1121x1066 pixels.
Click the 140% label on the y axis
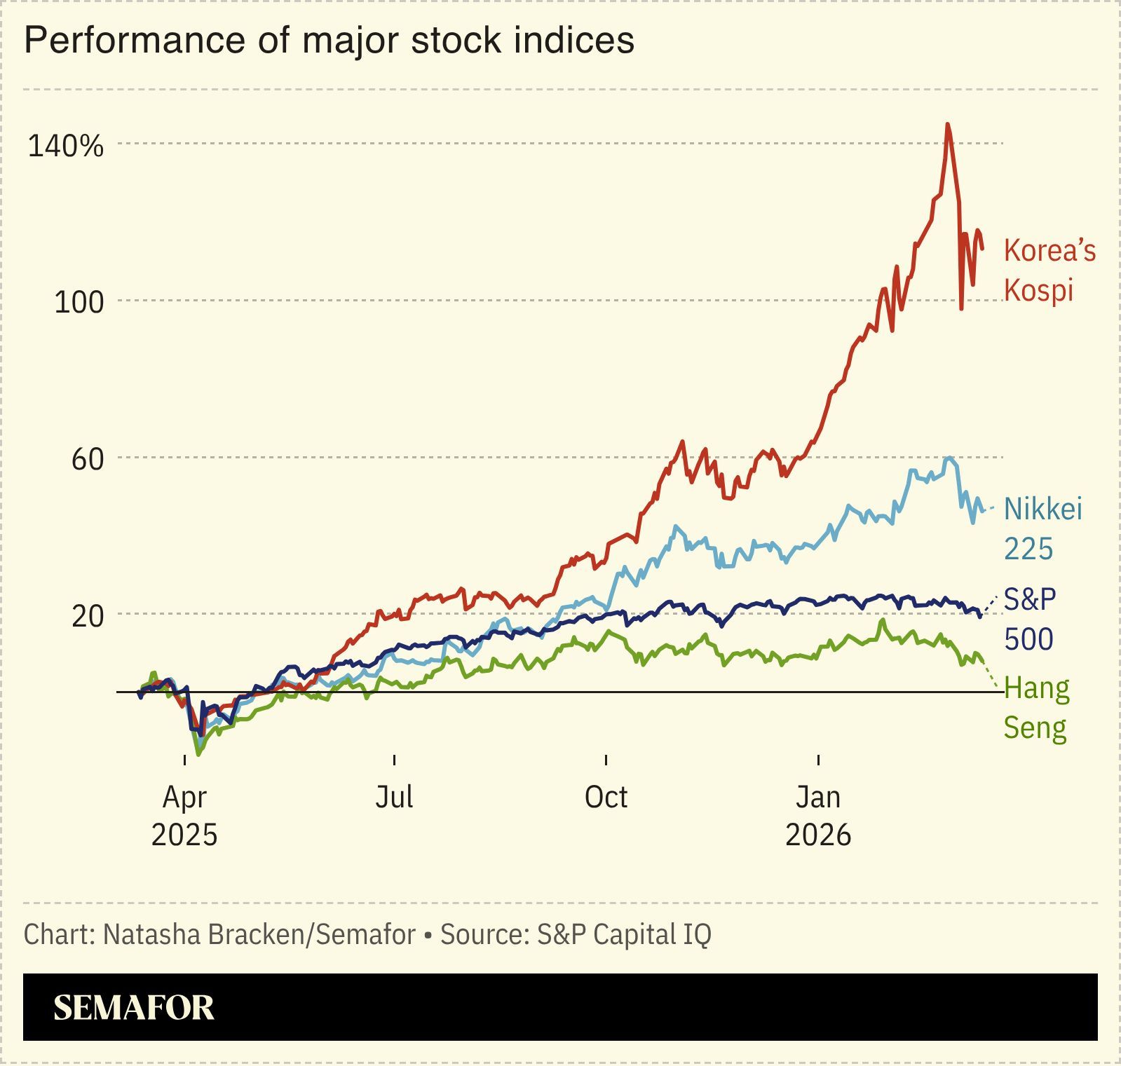(65, 146)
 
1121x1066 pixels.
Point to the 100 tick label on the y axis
(79, 303)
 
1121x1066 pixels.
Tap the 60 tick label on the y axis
(87, 460)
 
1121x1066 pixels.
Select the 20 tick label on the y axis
(87, 616)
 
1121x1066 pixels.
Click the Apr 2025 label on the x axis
(184, 816)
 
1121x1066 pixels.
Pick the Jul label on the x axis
(394, 797)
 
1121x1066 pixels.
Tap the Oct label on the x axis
(606, 797)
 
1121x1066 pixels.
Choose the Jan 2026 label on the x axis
(818, 816)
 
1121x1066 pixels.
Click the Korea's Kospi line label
(1049, 270)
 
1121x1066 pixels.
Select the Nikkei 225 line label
(1042, 528)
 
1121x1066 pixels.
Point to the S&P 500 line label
(1029, 619)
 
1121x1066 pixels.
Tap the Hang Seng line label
(1036, 708)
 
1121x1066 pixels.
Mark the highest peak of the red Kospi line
(948, 125)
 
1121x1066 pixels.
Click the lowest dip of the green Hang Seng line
(199, 754)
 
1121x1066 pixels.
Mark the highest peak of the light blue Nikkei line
(949, 458)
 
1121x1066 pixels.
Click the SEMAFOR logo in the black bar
(134, 1007)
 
